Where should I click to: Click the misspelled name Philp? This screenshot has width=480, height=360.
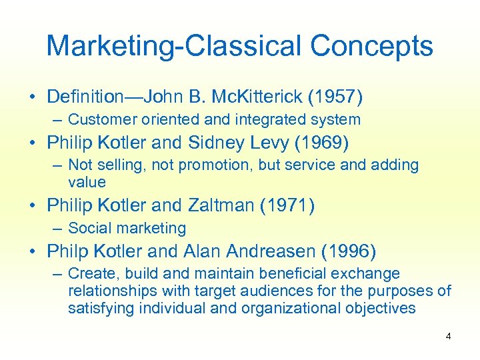68,251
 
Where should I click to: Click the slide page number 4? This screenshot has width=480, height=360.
448,337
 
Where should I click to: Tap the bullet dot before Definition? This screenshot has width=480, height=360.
33,98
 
